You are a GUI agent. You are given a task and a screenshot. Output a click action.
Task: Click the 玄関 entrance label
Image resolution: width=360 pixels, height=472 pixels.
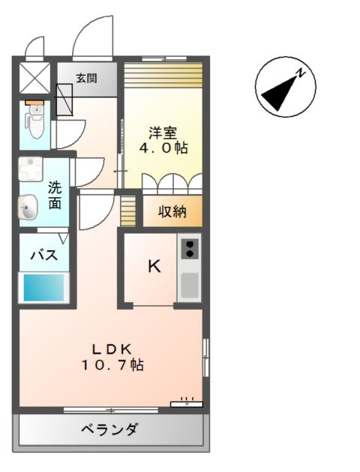tap(86, 78)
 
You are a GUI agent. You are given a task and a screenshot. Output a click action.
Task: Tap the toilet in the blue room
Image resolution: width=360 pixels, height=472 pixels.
tap(36, 121)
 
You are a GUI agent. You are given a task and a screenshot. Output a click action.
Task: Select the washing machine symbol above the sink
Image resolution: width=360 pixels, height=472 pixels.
tap(31, 169)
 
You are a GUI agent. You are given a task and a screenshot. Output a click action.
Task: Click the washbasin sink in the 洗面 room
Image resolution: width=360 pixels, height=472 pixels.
tap(28, 207)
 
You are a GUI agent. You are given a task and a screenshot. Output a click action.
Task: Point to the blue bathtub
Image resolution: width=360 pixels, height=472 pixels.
tap(43, 288)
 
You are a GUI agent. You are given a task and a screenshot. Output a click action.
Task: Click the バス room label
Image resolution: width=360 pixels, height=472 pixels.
tap(44, 255)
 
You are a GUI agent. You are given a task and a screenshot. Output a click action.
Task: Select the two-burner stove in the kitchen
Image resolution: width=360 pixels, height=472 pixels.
tap(190, 249)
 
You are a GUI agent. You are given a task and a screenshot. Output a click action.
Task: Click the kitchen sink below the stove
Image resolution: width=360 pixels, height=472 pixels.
tap(190, 285)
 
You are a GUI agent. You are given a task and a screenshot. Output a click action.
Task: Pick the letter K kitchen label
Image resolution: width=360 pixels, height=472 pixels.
tap(154, 266)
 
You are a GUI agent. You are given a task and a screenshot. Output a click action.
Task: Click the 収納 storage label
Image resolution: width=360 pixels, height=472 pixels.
tap(172, 211)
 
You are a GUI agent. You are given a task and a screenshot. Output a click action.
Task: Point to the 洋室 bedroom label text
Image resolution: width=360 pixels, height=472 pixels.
tap(163, 133)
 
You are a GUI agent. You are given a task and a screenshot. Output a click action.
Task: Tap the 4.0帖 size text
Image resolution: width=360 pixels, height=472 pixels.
tap(163, 148)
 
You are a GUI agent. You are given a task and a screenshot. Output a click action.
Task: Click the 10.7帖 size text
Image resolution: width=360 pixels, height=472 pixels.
tap(112, 365)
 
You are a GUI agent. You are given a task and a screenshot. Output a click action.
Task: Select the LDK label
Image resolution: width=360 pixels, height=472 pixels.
tap(112, 349)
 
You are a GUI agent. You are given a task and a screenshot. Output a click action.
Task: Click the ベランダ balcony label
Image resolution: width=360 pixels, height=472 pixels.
tap(110, 429)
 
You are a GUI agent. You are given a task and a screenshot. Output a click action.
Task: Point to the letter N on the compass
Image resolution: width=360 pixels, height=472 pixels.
tap(300, 73)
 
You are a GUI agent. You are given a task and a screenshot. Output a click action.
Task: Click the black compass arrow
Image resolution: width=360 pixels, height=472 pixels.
tap(279, 92)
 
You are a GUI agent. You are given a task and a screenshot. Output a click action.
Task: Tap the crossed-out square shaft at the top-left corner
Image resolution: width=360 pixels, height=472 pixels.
tap(34, 78)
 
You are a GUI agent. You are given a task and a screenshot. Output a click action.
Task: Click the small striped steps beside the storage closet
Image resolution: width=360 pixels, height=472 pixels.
tap(128, 211)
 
